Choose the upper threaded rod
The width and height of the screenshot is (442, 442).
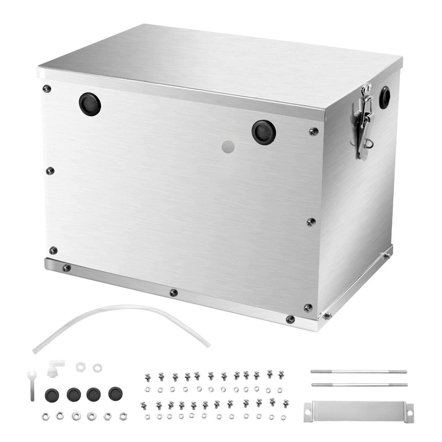point(359,372)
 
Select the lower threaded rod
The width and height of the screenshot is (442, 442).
point(359,385)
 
